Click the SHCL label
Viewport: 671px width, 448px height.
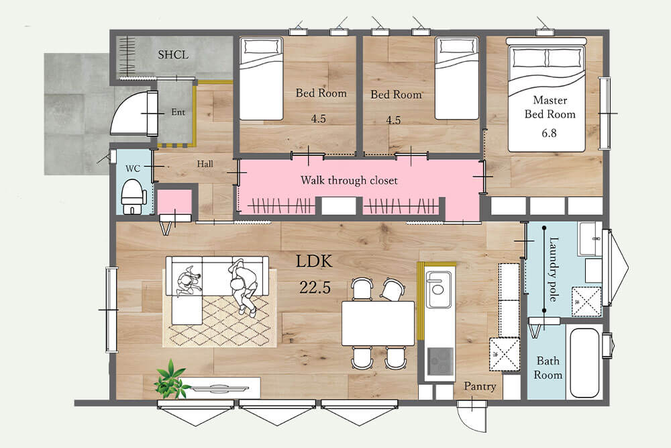click(173, 55)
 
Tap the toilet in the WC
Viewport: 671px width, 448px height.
click(134, 197)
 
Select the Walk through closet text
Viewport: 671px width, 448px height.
click(349, 180)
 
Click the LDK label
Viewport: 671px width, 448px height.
click(314, 261)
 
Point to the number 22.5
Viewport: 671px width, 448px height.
click(315, 287)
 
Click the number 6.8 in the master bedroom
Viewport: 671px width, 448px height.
click(549, 133)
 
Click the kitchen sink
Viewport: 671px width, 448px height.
click(438, 289)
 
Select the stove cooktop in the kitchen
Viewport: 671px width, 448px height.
click(440, 361)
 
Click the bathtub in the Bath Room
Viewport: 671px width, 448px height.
click(584, 362)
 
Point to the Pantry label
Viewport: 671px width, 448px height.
click(480, 386)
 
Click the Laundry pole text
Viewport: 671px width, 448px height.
click(554, 269)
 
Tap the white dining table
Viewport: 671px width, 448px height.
click(378, 323)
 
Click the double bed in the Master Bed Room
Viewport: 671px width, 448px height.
click(546, 95)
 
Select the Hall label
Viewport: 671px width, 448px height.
click(205, 164)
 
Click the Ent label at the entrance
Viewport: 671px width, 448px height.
click(178, 112)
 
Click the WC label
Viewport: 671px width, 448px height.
click(133, 169)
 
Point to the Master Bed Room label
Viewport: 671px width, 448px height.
click(550, 107)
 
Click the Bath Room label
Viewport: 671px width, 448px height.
click(548, 368)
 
